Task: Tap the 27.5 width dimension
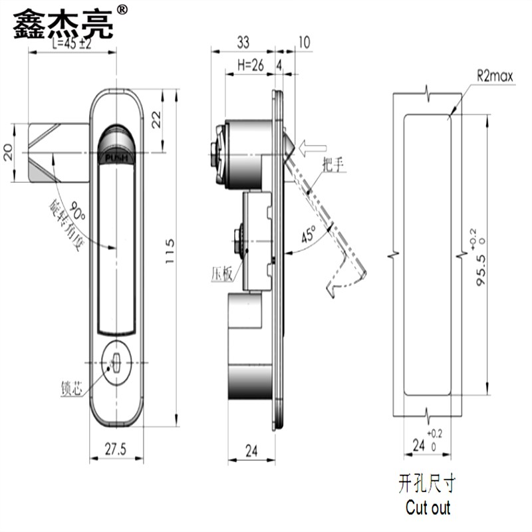[x=117, y=450]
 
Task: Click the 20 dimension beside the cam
[x=8, y=152]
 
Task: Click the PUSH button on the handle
[x=117, y=158]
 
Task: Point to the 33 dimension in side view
[x=243, y=43]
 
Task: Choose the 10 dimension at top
[x=303, y=43]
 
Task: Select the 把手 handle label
[x=332, y=166]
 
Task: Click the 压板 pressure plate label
[x=221, y=273]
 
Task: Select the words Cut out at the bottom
[x=428, y=508]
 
